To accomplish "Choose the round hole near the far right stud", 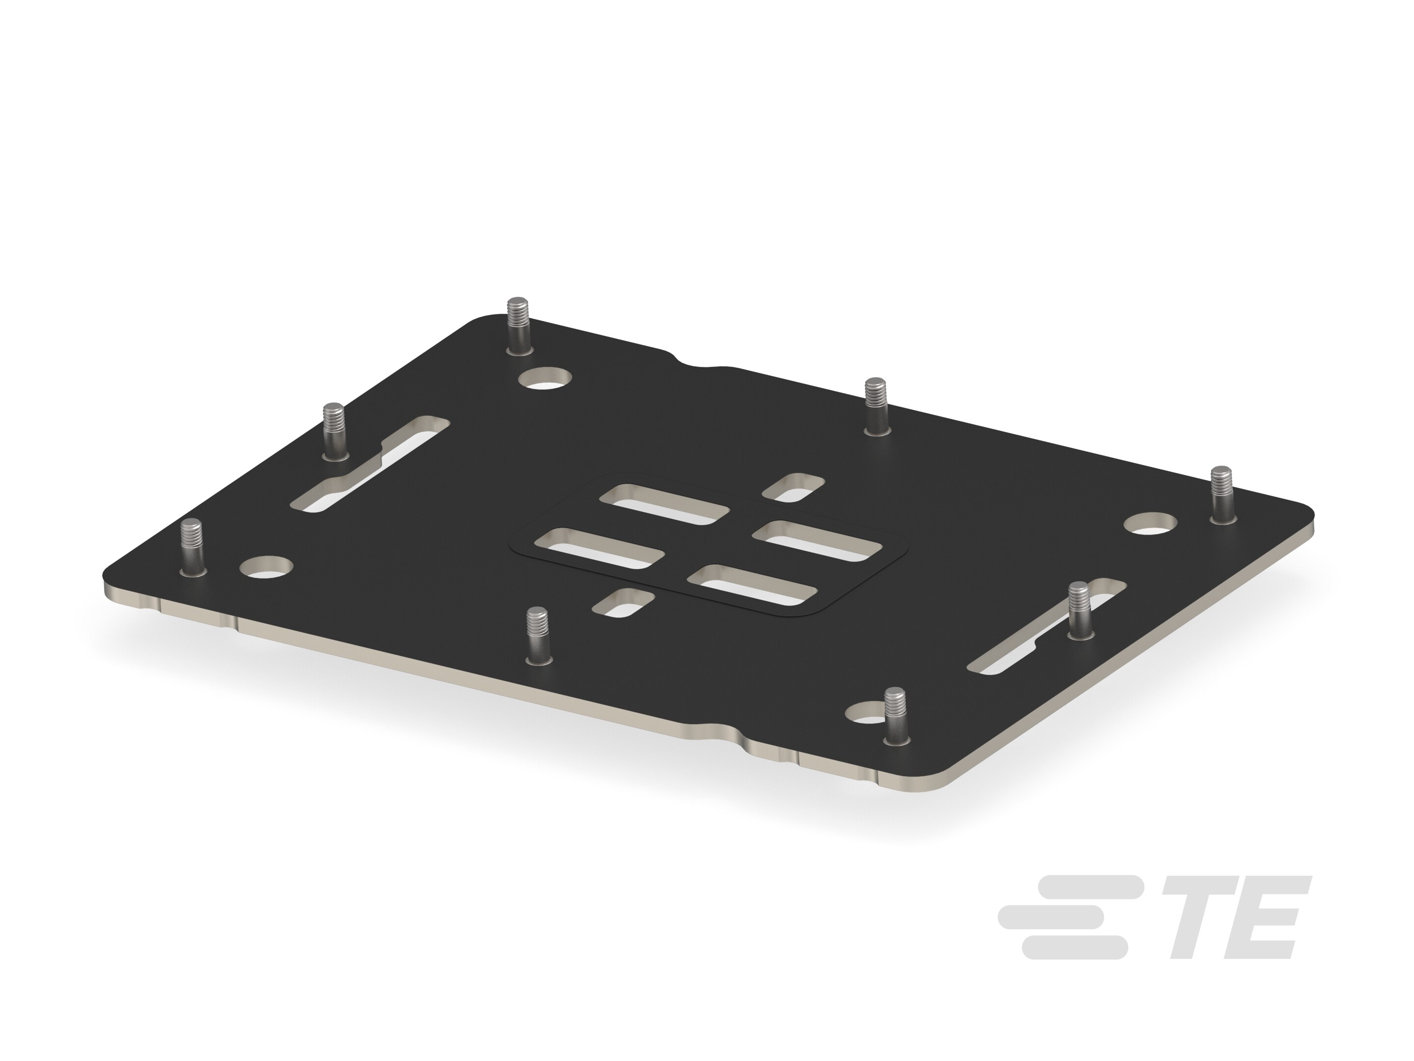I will click(x=1151, y=525).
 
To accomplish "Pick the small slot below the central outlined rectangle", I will click(x=623, y=602).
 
